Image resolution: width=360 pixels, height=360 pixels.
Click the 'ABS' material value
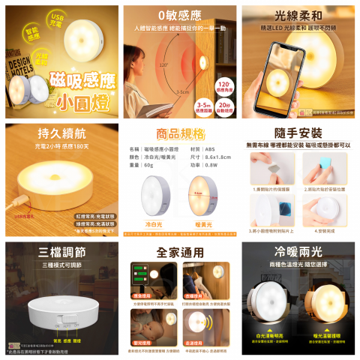pos(211,149)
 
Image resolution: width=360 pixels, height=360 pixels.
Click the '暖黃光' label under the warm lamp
pos(202,223)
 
